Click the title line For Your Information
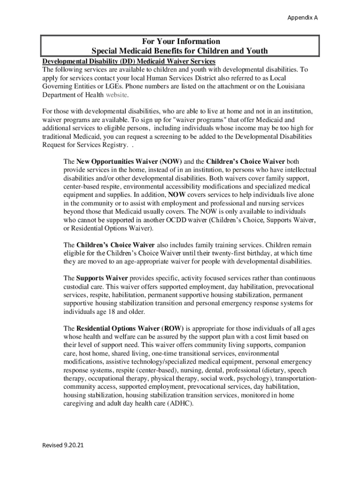[180, 42]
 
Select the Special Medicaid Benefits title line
[180, 51]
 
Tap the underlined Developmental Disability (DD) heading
[129, 61]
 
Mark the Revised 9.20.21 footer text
[64, 445]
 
